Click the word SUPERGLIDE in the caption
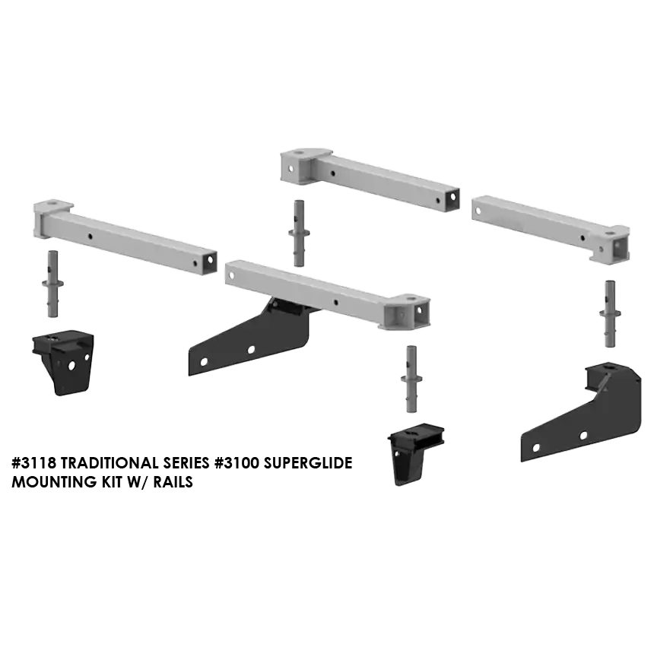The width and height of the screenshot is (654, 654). [x=304, y=463]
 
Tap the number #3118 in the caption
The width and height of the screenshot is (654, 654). [x=37, y=463]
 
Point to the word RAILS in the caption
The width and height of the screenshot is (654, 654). [x=173, y=481]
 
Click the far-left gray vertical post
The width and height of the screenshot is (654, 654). [x=52, y=284]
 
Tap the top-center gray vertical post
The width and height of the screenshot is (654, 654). [x=299, y=233]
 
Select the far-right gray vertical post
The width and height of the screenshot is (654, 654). [x=610, y=313]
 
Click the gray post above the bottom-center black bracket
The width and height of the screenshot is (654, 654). [x=411, y=379]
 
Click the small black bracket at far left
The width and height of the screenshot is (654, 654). [x=63, y=362]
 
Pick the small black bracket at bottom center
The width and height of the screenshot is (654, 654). [x=415, y=454]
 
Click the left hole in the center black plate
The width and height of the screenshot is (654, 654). [x=204, y=362]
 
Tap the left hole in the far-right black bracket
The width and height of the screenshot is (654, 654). [x=536, y=448]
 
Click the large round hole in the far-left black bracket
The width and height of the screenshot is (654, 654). [x=71, y=365]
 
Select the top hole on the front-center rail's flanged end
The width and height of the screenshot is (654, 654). [x=412, y=298]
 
